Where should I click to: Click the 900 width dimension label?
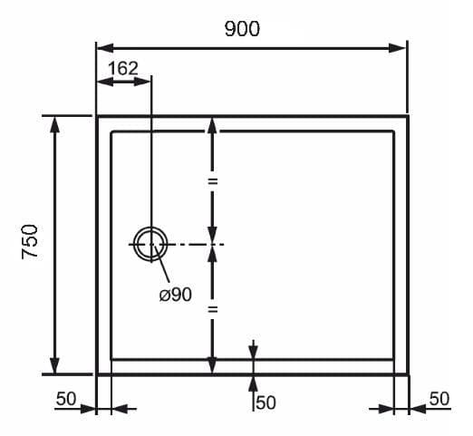[x=242, y=29]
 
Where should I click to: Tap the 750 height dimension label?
[x=30, y=242]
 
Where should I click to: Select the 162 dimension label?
[x=123, y=68]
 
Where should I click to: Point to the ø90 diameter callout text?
[x=176, y=295]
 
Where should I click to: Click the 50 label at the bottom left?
[x=66, y=399]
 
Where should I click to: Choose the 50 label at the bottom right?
[x=439, y=399]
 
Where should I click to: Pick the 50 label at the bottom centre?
[x=266, y=402]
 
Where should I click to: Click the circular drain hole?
[x=151, y=244]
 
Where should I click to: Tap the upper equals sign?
[x=213, y=181]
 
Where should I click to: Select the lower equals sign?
[x=213, y=309]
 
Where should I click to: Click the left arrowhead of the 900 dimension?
[x=105, y=48]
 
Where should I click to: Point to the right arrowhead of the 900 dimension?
[x=397, y=48]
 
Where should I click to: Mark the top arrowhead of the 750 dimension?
[x=54, y=125]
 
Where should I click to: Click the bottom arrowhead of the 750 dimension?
[x=54, y=364]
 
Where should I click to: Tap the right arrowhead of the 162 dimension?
[x=142, y=82]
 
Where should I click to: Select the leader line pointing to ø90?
[x=161, y=264]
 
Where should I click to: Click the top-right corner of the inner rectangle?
[x=393, y=131]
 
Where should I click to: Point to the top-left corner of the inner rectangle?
[x=111, y=131]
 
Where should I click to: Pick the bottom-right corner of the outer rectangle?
[x=408, y=374]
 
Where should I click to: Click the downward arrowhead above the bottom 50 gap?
[x=254, y=353]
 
